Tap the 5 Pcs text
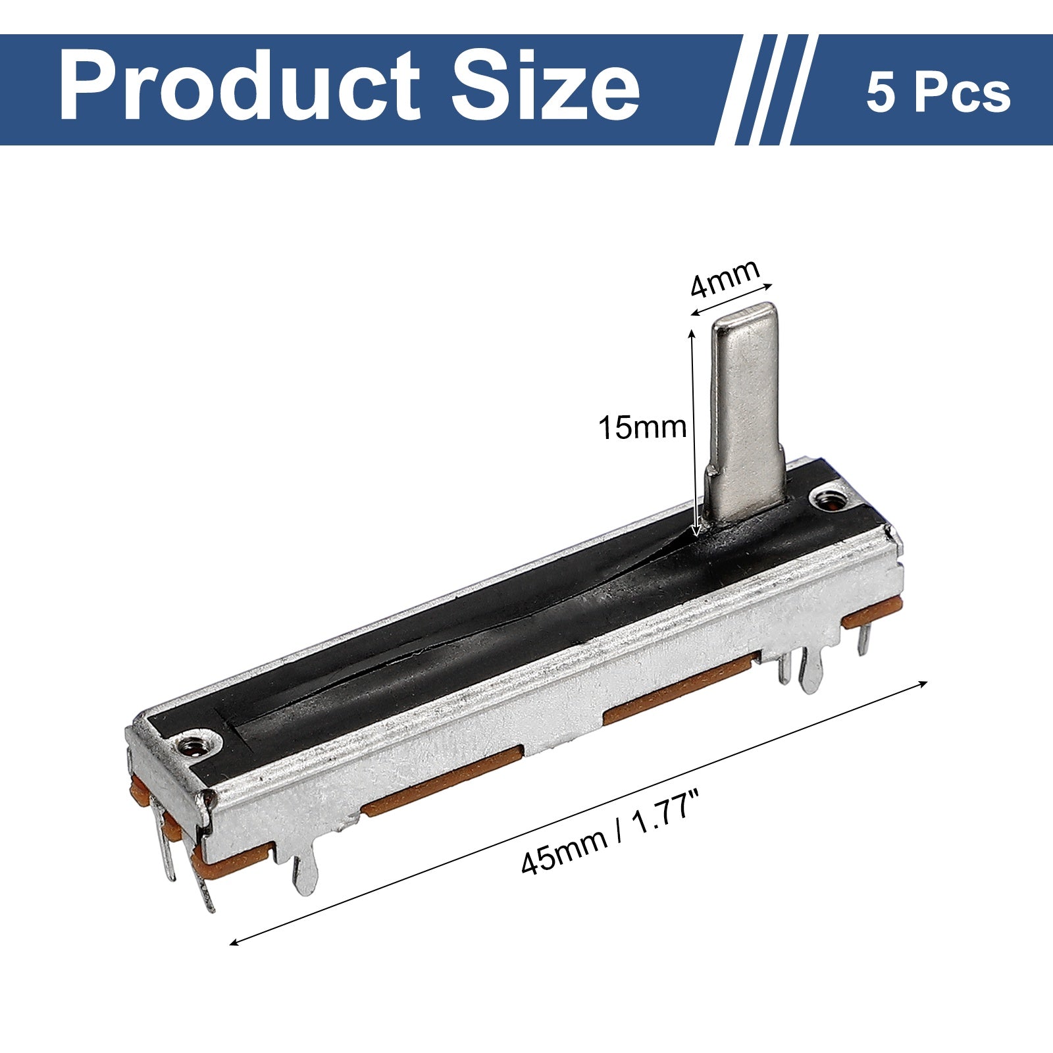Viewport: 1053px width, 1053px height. (938, 93)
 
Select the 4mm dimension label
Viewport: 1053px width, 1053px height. (724, 278)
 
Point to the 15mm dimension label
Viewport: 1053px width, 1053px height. (642, 428)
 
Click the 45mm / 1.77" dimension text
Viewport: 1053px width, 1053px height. (609, 837)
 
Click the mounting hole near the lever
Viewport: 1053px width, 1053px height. (830, 500)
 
